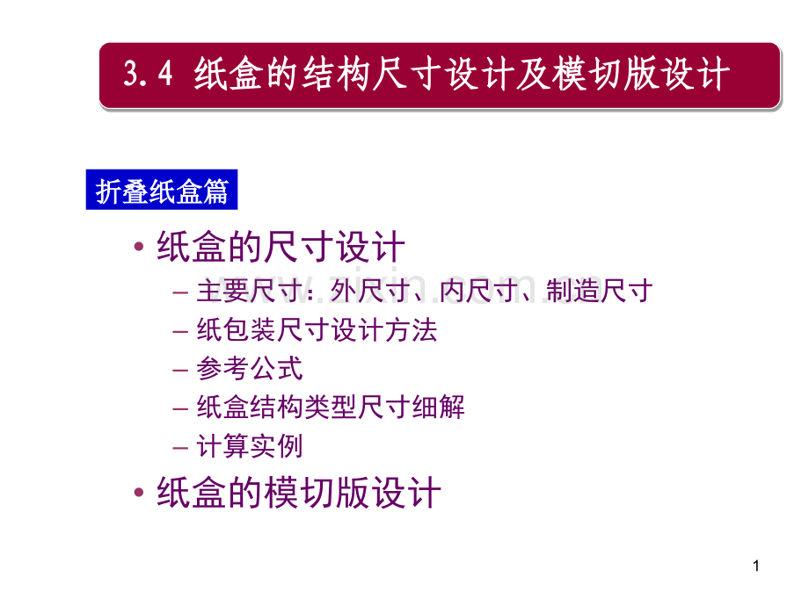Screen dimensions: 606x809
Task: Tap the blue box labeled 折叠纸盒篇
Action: (162, 191)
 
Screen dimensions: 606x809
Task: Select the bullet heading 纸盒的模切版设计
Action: (298, 492)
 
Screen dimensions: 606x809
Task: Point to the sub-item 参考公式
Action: (250, 369)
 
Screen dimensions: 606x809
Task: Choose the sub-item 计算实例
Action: (250, 446)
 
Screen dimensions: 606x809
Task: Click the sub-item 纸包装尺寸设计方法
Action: (317, 330)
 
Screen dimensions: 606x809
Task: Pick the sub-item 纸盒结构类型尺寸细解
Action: (331, 408)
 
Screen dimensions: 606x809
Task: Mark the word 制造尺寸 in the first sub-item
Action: (598, 292)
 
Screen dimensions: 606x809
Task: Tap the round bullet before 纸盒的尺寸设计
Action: (139, 248)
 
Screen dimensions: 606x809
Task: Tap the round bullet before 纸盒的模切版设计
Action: (139, 493)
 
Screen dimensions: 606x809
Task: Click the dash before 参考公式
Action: (181, 370)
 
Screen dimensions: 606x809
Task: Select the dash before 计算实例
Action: (181, 447)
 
